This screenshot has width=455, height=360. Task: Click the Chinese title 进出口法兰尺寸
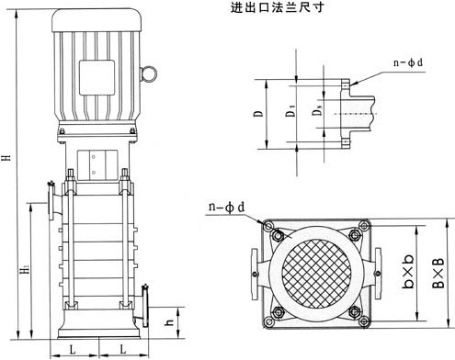pyautogui.click(x=277, y=7)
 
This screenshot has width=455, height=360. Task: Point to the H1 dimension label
pyautogui.click(x=25, y=270)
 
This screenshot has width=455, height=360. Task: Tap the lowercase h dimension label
pyautogui.click(x=169, y=322)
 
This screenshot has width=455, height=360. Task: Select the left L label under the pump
pyautogui.click(x=73, y=349)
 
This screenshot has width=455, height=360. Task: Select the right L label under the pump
pyautogui.click(x=122, y=349)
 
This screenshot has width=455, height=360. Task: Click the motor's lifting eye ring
pyautogui.click(x=150, y=74)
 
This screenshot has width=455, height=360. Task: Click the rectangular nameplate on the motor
pyautogui.click(x=97, y=77)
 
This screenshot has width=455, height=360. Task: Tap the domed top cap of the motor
pyautogui.click(x=97, y=20)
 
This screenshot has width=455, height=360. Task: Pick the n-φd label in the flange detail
pyautogui.click(x=408, y=63)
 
